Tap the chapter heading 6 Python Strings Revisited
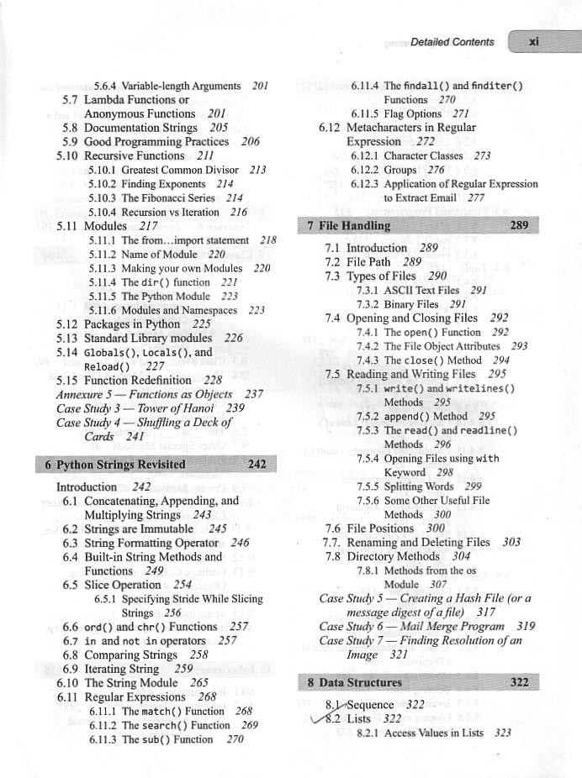(x=109, y=465)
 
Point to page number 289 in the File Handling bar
(x=519, y=225)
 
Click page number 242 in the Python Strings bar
(x=257, y=465)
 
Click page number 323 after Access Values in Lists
(x=503, y=733)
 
